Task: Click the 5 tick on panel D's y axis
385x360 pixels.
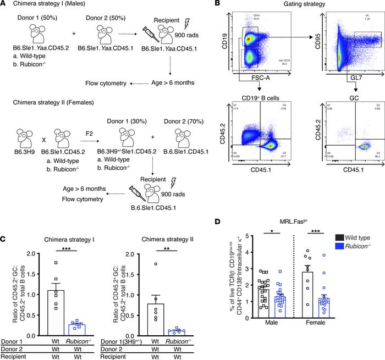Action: pos(241,207)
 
